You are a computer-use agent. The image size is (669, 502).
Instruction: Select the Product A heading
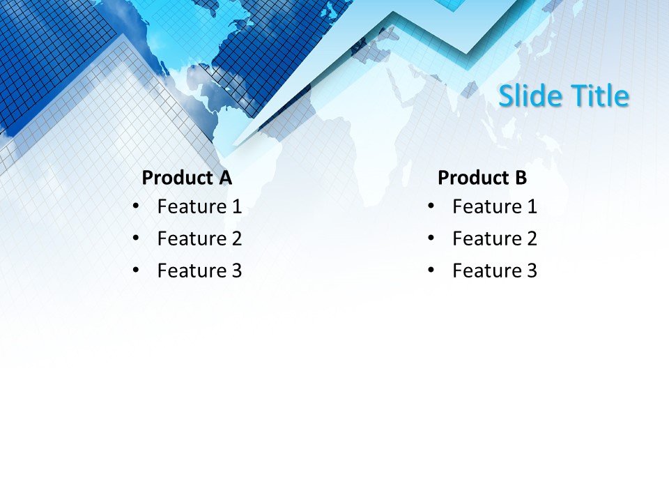(x=186, y=178)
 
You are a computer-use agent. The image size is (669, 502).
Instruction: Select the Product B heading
(x=482, y=178)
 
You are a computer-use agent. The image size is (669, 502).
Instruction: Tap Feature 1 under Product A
(x=199, y=206)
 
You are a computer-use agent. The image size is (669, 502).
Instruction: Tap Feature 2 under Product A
(x=199, y=238)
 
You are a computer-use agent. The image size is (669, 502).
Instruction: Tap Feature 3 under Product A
(x=199, y=271)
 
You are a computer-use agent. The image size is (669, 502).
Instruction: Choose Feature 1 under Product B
(x=495, y=206)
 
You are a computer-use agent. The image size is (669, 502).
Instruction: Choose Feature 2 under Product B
(x=495, y=238)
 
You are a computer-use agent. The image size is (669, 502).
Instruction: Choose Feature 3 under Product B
(x=495, y=271)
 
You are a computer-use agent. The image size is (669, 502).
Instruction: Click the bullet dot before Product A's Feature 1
(x=135, y=206)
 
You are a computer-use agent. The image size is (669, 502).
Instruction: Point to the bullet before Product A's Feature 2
(x=135, y=238)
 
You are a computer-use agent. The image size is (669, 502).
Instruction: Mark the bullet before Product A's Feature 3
(x=135, y=270)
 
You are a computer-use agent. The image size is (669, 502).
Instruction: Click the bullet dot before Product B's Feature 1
(x=431, y=206)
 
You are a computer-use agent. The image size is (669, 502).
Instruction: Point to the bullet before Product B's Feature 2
(x=431, y=238)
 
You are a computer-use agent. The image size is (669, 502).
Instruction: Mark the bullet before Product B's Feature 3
(x=431, y=270)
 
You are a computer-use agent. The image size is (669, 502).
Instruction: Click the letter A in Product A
(x=224, y=178)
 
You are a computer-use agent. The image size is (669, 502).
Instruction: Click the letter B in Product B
(x=521, y=178)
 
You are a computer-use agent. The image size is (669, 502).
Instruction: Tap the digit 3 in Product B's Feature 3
(x=532, y=271)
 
